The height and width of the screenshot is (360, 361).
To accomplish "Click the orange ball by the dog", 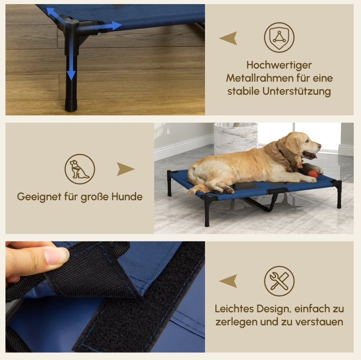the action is pyautogui.click(x=313, y=174).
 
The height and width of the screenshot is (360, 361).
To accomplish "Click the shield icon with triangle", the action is pyautogui.click(x=279, y=37).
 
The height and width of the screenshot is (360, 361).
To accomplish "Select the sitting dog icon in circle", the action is pyautogui.click(x=80, y=169).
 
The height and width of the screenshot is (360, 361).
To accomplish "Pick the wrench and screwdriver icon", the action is pyautogui.click(x=279, y=281).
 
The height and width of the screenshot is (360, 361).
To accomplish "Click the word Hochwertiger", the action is pyautogui.click(x=279, y=65).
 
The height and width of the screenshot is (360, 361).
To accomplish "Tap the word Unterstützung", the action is pyautogui.click(x=297, y=91).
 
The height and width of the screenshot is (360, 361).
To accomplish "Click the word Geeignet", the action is pyautogui.click(x=39, y=197).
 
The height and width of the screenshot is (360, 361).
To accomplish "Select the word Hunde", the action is pyautogui.click(x=127, y=197).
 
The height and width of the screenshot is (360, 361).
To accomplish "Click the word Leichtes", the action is pyautogui.click(x=234, y=309).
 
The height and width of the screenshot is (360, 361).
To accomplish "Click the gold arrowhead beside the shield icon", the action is pyautogui.click(x=229, y=38).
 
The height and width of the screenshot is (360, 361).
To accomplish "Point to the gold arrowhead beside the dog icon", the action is pyautogui.click(x=125, y=169).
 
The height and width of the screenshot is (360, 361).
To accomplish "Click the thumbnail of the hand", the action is pyautogui.click(x=56, y=256).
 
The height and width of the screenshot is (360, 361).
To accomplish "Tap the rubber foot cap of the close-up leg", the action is pyautogui.click(x=71, y=106).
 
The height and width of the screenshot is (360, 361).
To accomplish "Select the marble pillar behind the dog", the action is pyautogui.click(x=236, y=139).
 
